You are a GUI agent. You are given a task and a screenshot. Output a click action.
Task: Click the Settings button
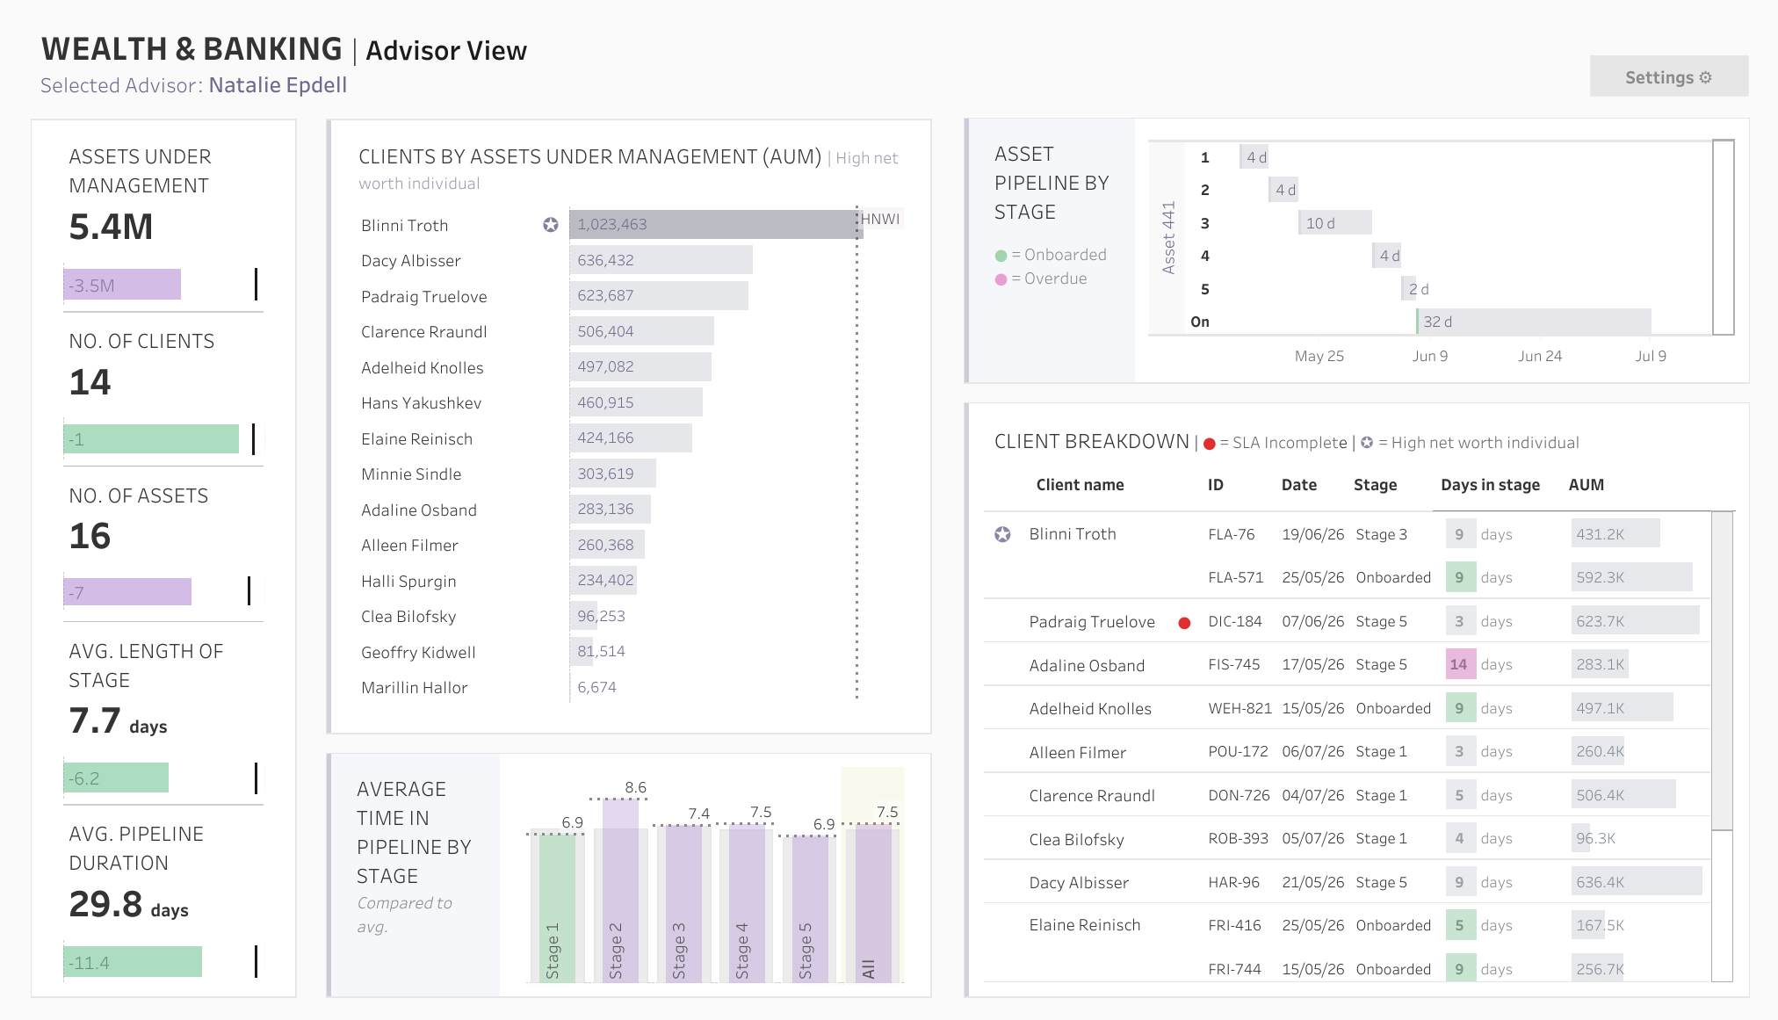pyautogui.click(x=1668, y=77)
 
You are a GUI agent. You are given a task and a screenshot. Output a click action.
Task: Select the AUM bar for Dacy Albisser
pyautogui.click(x=661, y=260)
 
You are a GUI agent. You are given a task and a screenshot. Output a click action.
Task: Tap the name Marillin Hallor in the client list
pyautogui.click(x=414, y=688)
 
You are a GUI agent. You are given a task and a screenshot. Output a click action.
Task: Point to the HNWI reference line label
pyautogui.click(x=880, y=219)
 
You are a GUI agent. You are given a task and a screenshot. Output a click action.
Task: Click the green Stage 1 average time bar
pyautogui.click(x=557, y=907)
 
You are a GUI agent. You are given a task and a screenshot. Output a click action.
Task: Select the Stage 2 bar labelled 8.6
pyautogui.click(x=620, y=891)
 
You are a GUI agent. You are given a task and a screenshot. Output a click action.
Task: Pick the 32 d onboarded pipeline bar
pyautogui.click(x=1534, y=322)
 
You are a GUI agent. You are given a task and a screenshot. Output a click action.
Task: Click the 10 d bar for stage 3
pyautogui.click(x=1335, y=223)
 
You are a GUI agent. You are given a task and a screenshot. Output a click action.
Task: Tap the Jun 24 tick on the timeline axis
pyautogui.click(x=1540, y=356)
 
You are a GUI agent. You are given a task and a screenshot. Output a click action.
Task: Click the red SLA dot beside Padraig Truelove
pyautogui.click(x=1184, y=623)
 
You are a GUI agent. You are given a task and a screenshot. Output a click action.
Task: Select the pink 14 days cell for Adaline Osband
pyautogui.click(x=1460, y=664)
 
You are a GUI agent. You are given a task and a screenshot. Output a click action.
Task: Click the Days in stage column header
pyautogui.click(x=1490, y=485)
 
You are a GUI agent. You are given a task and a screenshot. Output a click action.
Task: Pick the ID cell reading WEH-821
pyautogui.click(x=1240, y=708)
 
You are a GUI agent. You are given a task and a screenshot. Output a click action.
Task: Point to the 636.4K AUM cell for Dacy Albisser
pyautogui.click(x=1637, y=882)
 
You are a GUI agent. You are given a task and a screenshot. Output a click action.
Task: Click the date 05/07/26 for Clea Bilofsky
pyautogui.click(x=1312, y=838)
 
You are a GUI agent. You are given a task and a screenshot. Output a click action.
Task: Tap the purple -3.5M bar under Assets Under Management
pyautogui.click(x=122, y=285)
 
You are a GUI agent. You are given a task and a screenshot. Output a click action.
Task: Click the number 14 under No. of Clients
pyautogui.click(x=90, y=382)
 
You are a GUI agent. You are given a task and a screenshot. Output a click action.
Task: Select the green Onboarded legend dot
pyautogui.click(x=1001, y=256)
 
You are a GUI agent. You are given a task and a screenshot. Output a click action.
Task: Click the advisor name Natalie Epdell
pyautogui.click(x=278, y=85)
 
